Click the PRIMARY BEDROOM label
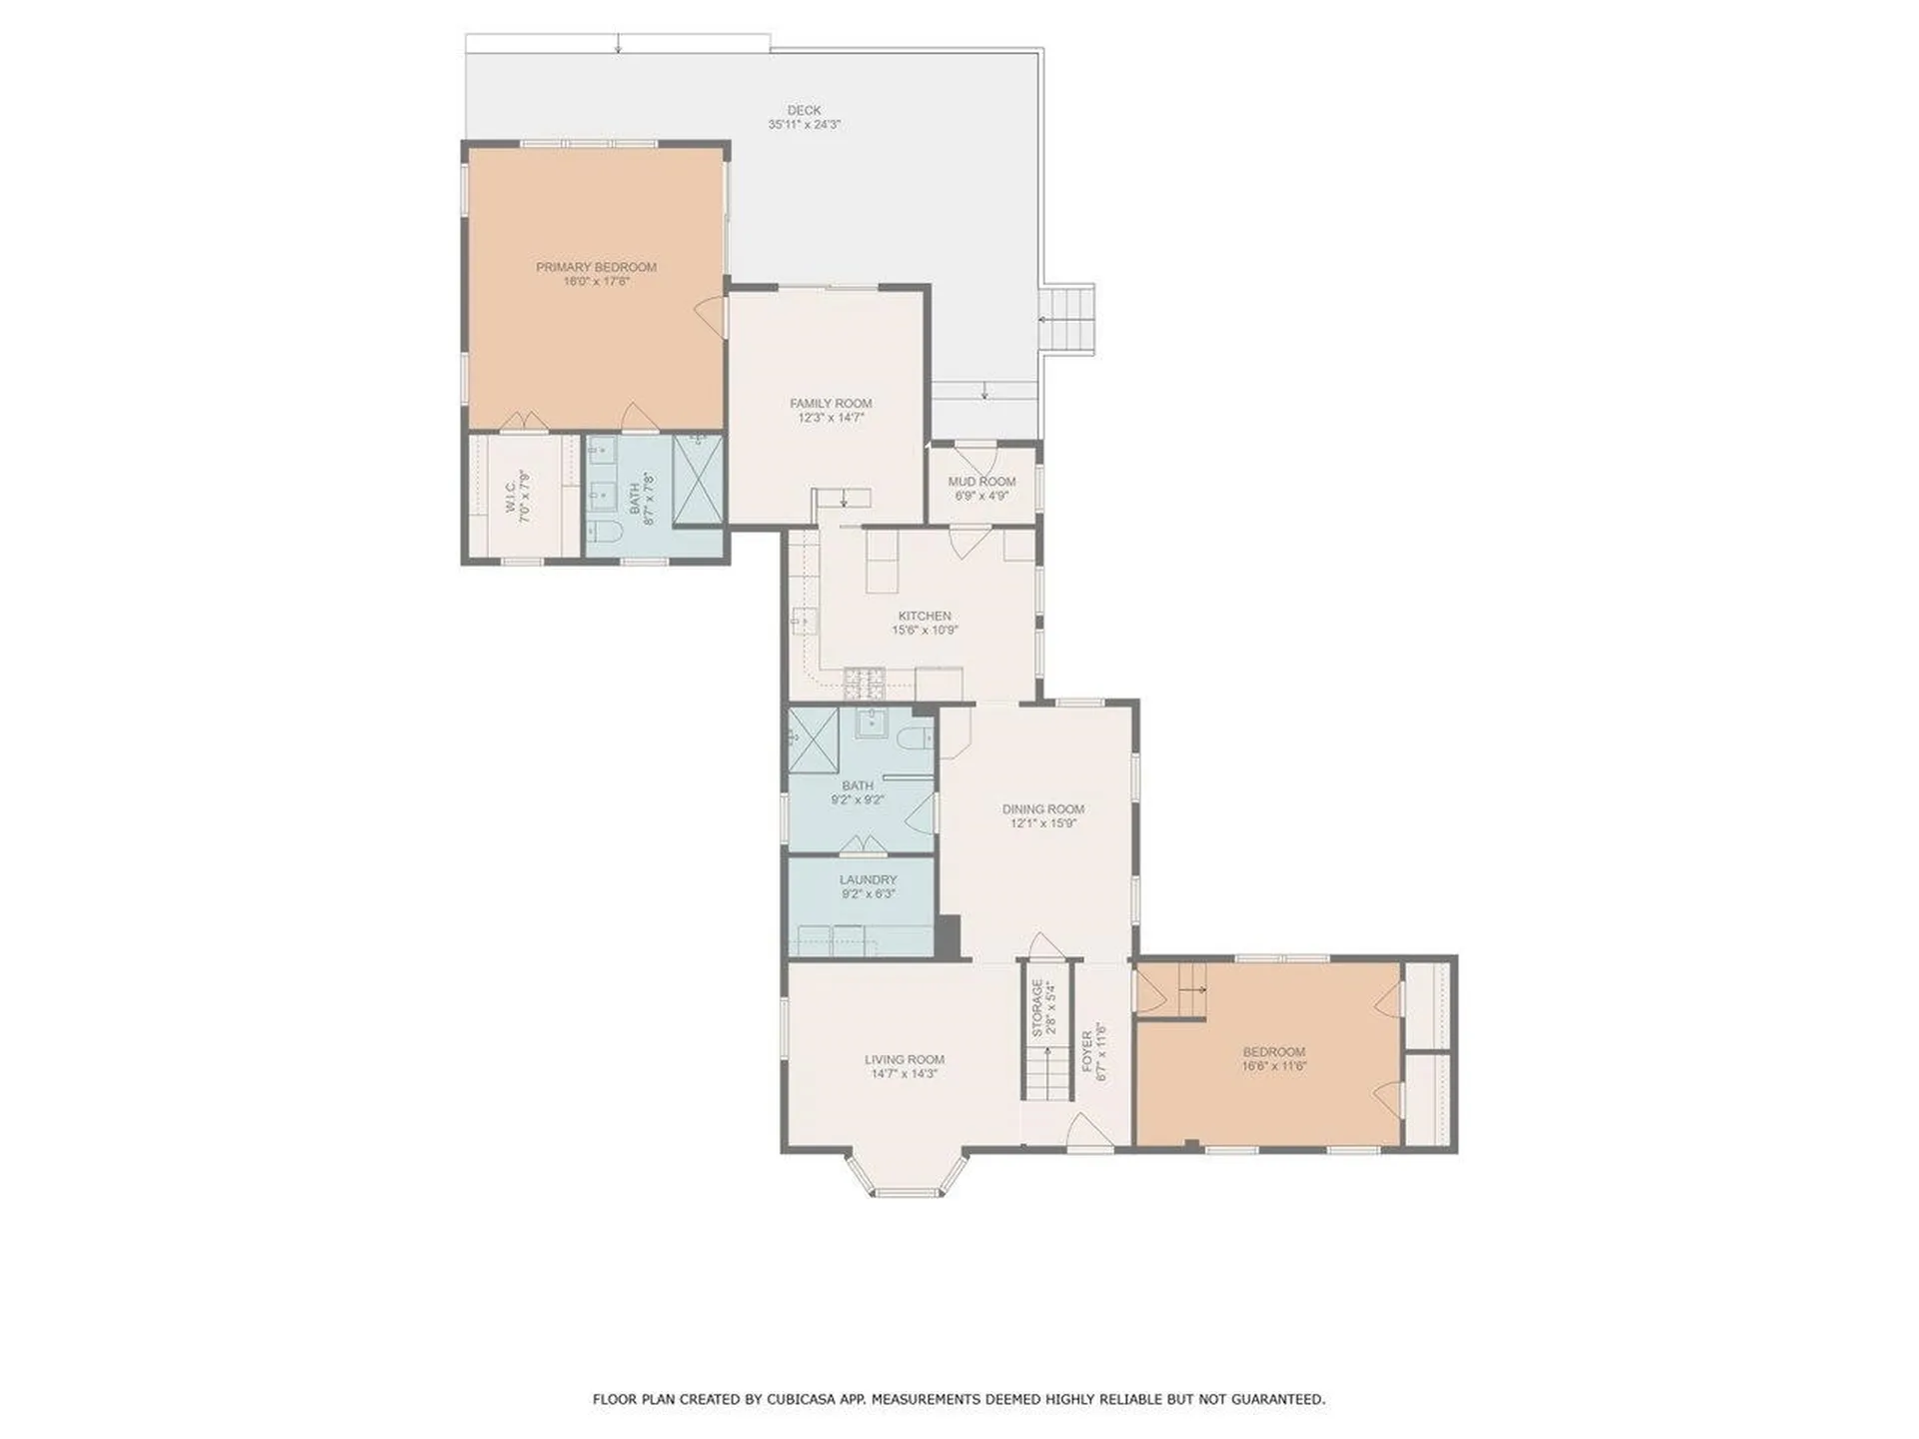[596, 267]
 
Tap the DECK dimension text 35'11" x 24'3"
[804, 125]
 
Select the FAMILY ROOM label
[831, 404]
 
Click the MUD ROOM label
[981, 482]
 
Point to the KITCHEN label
[925, 617]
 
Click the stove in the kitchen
[865, 684]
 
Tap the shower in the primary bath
[697, 480]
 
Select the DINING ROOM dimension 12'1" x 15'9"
[1042, 823]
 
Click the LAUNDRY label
[868, 880]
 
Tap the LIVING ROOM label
[905, 1059]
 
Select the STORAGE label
[1037, 1007]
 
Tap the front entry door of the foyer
[1089, 1134]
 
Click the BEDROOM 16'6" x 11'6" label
[1273, 1052]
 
